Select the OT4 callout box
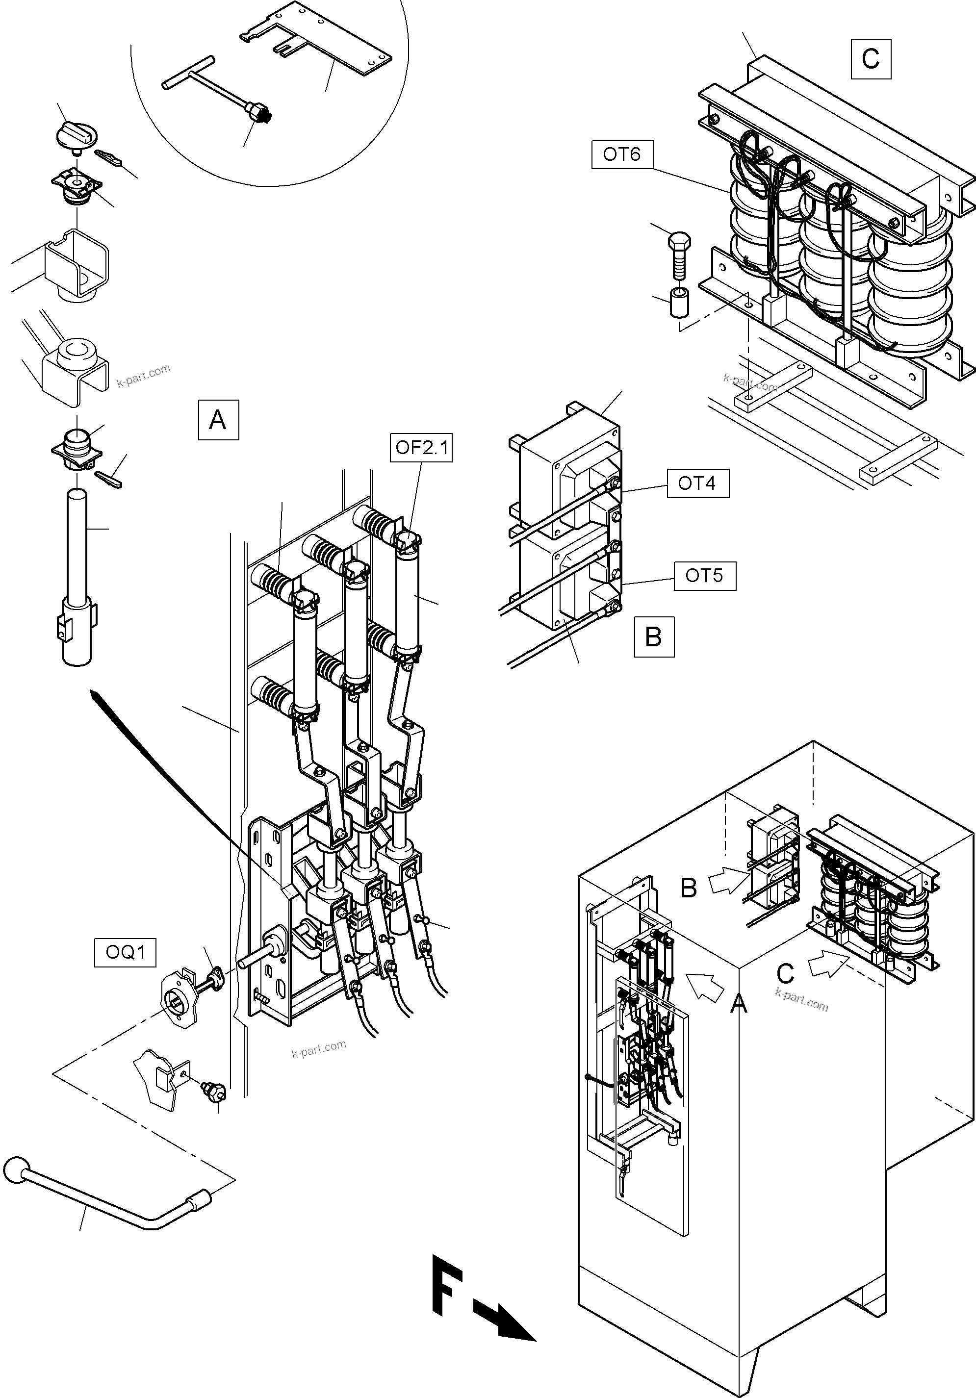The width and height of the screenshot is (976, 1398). click(698, 483)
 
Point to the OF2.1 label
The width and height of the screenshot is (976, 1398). click(421, 448)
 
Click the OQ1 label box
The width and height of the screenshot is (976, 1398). click(125, 952)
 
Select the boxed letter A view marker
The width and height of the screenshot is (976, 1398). click(218, 420)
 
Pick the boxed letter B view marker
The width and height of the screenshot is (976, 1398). click(654, 637)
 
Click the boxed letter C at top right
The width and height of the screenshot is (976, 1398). click(871, 58)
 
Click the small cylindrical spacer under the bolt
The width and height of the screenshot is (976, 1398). click(678, 303)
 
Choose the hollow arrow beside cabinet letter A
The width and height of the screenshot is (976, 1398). click(705, 985)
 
